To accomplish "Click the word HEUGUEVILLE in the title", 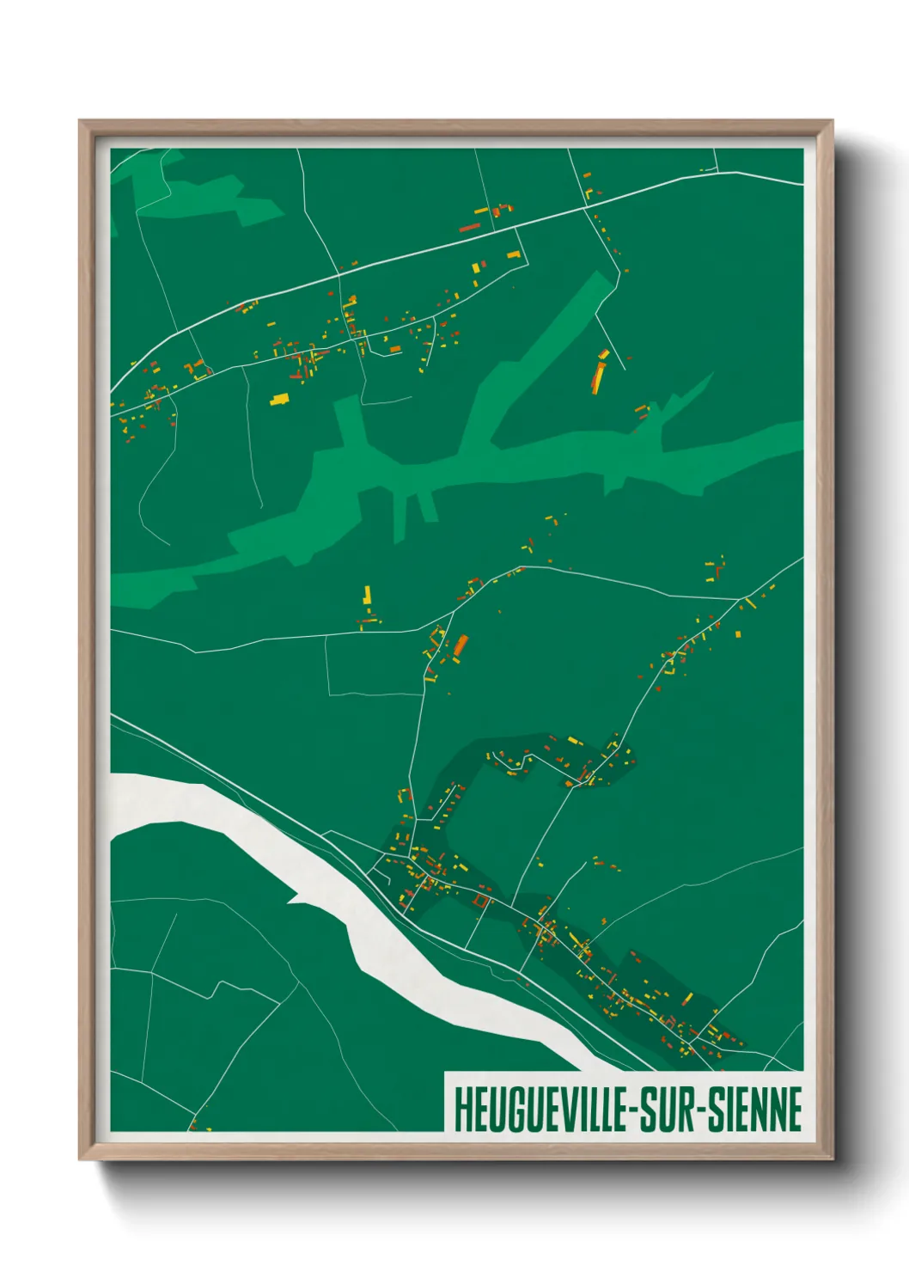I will [x=542, y=1110].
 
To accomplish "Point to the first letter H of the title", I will [x=461, y=1110].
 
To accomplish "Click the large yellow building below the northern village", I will [x=280, y=399].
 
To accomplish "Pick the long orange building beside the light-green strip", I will [x=598, y=375].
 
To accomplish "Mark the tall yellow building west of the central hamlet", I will [x=367, y=595].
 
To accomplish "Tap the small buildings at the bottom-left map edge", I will [x=195, y=1124].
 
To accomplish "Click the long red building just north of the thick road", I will [x=469, y=228].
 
